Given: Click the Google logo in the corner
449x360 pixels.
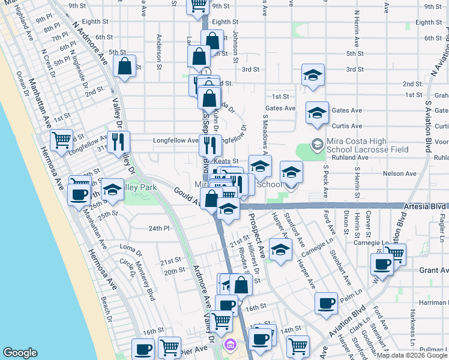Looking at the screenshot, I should point(20,352).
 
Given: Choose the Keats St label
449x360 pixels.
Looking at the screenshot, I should point(227,161).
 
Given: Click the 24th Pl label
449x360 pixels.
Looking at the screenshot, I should point(160,229).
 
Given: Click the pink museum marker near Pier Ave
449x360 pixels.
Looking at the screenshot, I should point(231,346).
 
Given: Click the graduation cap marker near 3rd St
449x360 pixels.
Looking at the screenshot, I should point(313,75).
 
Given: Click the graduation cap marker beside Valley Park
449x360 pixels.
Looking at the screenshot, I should point(112,190).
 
